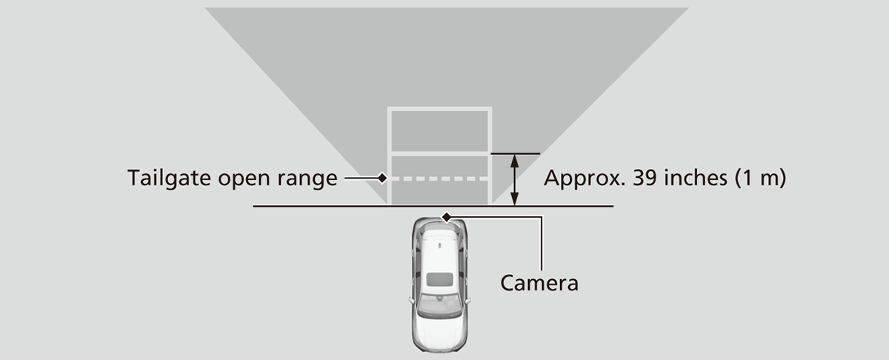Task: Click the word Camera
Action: [x=539, y=282]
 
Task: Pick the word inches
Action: [x=695, y=179]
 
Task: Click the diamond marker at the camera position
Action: [x=446, y=216]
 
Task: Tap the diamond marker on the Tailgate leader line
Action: [x=382, y=179]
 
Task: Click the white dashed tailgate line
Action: [x=439, y=179]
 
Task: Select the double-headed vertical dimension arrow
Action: [x=516, y=179]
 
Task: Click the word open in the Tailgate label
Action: [x=241, y=179]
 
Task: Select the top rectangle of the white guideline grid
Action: [x=439, y=131]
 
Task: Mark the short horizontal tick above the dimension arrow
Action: [x=516, y=154]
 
